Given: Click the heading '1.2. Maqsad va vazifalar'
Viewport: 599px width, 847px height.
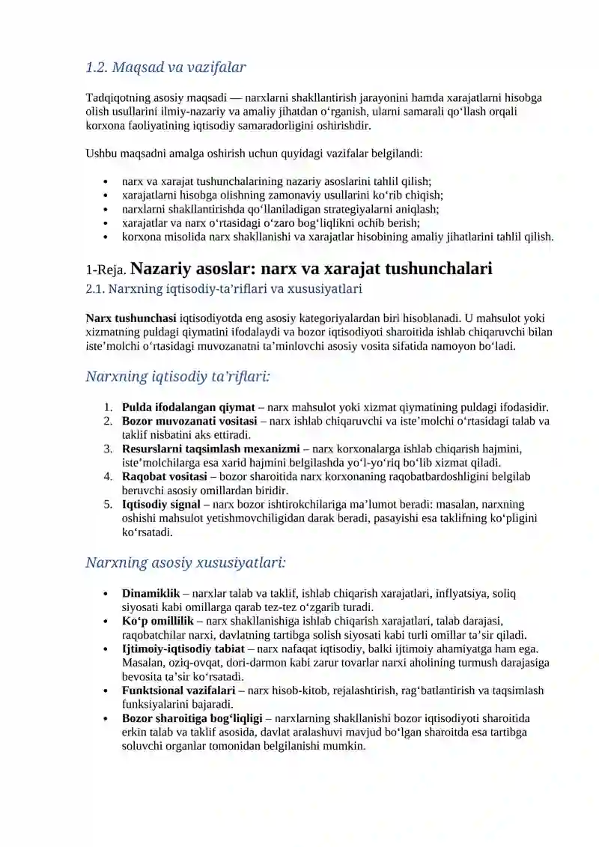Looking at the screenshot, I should coord(165,67).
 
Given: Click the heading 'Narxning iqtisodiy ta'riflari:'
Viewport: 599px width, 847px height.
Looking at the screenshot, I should coord(177,376).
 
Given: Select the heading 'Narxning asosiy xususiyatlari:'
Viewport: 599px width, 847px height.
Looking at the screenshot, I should coord(186,562).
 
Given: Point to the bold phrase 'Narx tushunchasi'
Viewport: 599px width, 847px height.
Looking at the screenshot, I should coord(131,318).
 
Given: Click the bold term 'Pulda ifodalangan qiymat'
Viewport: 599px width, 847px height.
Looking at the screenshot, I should coord(188,407).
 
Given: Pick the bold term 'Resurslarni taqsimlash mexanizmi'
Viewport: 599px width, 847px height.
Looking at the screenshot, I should coord(210,449).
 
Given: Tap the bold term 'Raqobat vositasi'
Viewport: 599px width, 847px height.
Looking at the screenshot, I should coord(165,476).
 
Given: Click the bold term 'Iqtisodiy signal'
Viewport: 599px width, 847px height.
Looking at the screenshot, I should coord(161,504).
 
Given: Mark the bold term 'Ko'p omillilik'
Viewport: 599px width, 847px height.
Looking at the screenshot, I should coord(158,621).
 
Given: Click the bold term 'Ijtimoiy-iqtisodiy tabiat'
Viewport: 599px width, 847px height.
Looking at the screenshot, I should coord(183,649).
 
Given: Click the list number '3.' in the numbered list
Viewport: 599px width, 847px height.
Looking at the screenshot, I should coord(108,449).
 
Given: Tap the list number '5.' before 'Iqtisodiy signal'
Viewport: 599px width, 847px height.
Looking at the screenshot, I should coord(108,504).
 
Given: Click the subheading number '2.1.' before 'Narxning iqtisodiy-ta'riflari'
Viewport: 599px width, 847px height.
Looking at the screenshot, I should coord(97,288).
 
